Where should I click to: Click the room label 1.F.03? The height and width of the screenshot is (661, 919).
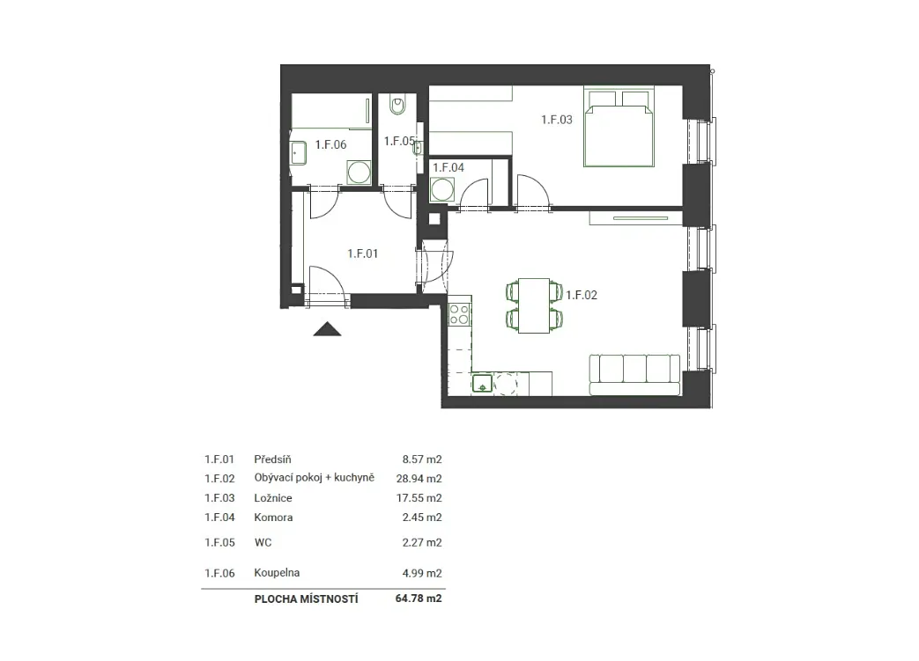click(x=556, y=120)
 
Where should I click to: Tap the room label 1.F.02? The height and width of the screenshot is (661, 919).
click(x=582, y=295)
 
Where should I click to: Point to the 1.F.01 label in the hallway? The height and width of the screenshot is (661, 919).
click(x=362, y=253)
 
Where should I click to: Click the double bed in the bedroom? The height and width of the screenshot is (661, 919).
click(x=619, y=128)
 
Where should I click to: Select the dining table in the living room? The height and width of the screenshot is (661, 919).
click(x=534, y=305)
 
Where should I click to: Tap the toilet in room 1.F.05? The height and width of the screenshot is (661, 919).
click(x=397, y=106)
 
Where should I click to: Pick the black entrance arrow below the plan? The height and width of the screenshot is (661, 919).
click(x=327, y=329)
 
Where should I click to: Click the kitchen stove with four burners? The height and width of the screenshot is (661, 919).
click(x=460, y=313)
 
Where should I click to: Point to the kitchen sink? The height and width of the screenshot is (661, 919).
click(x=482, y=384)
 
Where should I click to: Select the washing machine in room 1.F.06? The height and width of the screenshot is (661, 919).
click(x=359, y=173)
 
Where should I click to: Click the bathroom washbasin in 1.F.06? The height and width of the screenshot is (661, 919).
click(x=299, y=153)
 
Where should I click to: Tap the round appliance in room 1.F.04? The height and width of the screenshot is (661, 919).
click(x=442, y=190)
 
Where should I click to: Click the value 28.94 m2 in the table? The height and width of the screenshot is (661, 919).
click(x=419, y=478)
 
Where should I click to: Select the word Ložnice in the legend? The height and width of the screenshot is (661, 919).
click(x=273, y=497)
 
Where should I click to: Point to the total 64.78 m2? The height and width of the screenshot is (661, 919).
click(x=419, y=599)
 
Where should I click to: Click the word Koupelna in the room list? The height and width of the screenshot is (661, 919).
click(x=277, y=573)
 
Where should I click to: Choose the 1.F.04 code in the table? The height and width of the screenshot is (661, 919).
click(x=219, y=517)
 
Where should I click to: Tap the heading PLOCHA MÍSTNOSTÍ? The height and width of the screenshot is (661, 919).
click(x=306, y=599)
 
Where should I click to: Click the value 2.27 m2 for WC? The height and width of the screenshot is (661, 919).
click(x=422, y=542)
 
